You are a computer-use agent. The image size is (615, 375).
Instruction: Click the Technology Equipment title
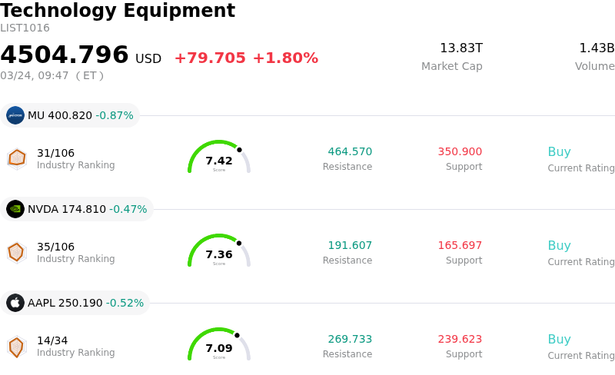click(118, 12)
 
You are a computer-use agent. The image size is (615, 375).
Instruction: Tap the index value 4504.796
click(65, 55)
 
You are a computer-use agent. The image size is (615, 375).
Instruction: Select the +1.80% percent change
click(285, 58)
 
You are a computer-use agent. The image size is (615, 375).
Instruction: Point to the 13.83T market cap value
click(461, 48)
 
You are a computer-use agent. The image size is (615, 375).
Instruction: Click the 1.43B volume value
click(597, 48)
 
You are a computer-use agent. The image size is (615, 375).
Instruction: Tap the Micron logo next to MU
click(15, 115)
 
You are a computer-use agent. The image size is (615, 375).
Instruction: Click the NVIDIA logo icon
click(15, 209)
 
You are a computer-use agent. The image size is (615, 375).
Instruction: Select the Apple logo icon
click(15, 303)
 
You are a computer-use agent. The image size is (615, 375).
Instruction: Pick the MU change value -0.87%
click(115, 115)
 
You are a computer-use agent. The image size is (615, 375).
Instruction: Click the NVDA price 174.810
click(82, 209)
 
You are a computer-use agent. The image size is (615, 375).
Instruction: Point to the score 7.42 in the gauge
click(219, 161)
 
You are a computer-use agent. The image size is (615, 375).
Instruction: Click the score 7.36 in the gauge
click(219, 254)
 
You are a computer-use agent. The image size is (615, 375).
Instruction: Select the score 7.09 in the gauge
click(219, 348)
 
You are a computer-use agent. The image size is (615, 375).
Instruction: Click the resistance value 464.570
click(350, 152)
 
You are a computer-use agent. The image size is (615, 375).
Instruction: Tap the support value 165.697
click(460, 246)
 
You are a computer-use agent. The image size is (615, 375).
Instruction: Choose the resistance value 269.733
click(350, 340)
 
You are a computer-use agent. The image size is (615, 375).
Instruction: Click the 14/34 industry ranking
click(52, 340)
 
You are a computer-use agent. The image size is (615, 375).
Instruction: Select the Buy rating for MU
click(559, 152)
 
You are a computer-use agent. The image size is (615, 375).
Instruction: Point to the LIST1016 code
click(25, 28)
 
